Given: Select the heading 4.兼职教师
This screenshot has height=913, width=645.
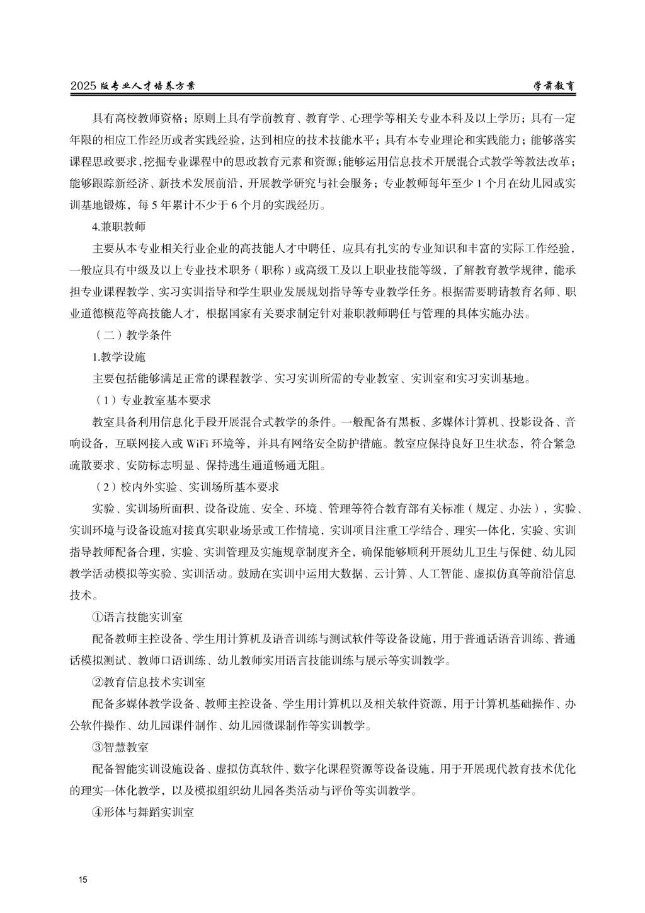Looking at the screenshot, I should (x=119, y=225).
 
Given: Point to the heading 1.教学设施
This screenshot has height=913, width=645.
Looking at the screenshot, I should (x=119, y=357).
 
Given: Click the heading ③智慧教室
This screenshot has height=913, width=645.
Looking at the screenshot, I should (x=120, y=747).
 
